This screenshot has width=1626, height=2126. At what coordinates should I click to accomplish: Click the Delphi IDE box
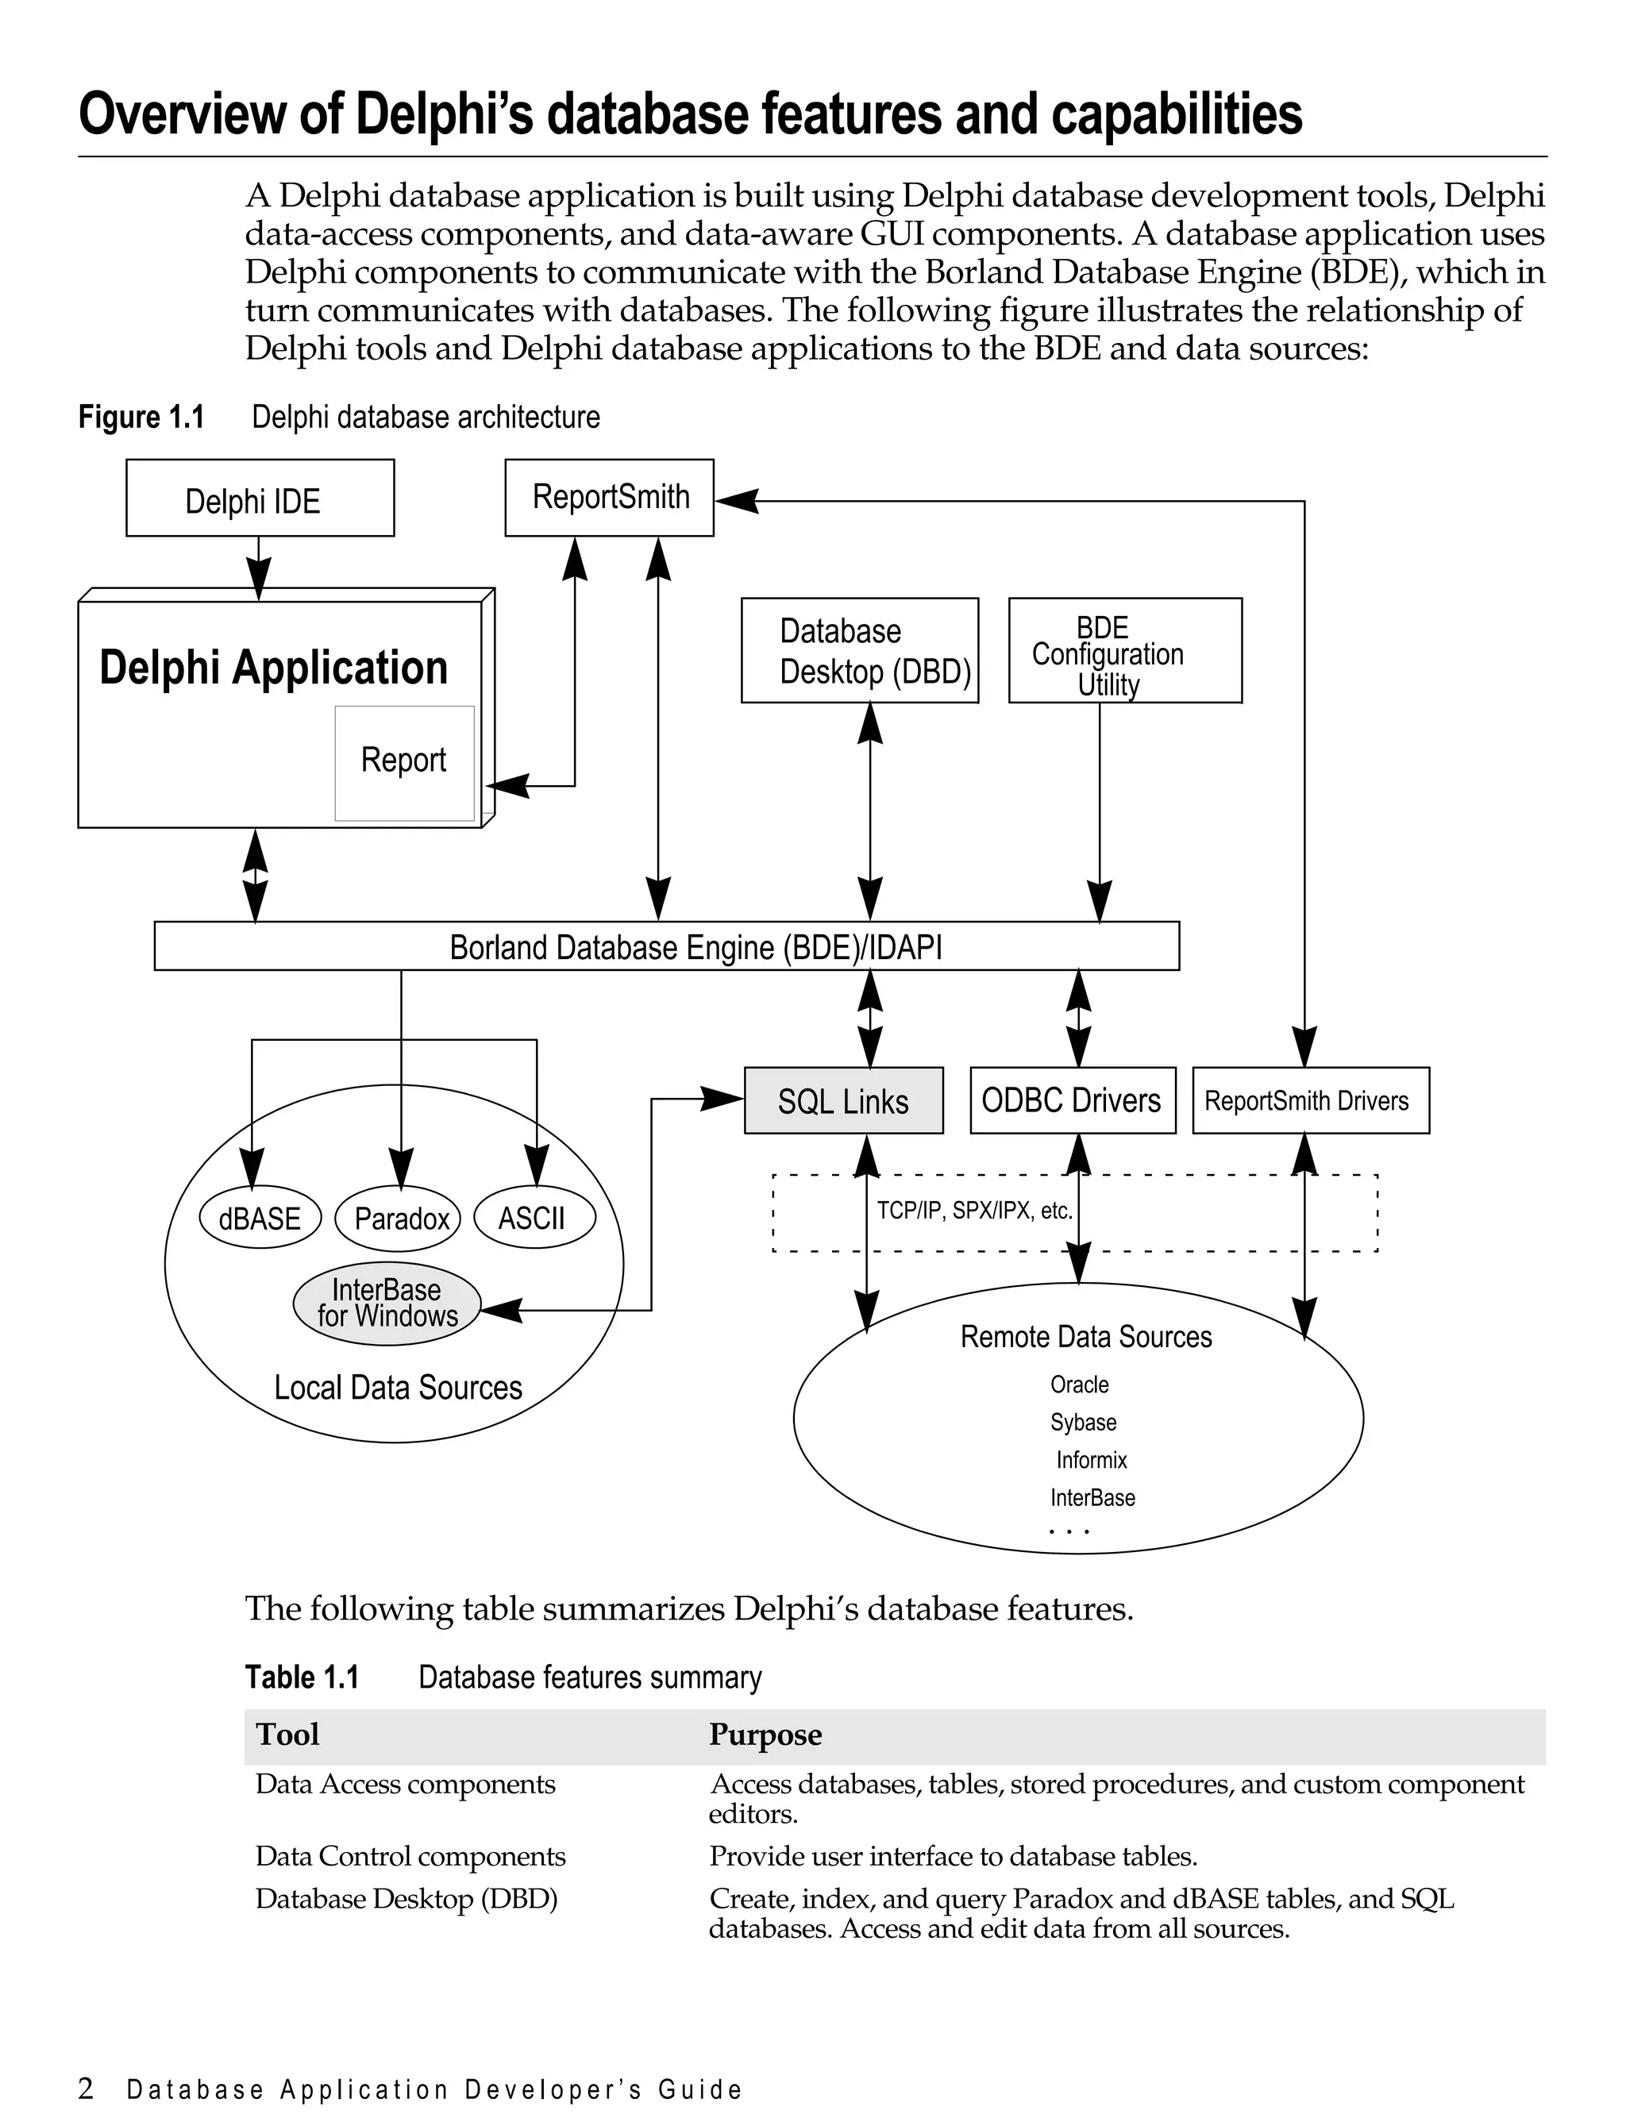pyautogui.click(x=260, y=499)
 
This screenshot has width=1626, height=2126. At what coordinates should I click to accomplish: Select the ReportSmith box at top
pyautogui.click(x=609, y=498)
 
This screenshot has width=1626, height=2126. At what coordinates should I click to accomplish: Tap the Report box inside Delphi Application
pyautogui.click(x=403, y=763)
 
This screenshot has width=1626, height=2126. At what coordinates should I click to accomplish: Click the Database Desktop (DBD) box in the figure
pyautogui.click(x=860, y=650)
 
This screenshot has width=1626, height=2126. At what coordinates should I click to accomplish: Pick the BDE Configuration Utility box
pyautogui.click(x=1125, y=650)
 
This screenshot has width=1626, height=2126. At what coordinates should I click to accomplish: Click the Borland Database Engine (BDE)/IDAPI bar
pyautogui.click(x=666, y=946)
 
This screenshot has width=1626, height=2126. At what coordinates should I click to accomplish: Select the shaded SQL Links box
pyautogui.click(x=843, y=1100)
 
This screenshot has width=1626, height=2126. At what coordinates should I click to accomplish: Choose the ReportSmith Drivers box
pyautogui.click(x=1309, y=1100)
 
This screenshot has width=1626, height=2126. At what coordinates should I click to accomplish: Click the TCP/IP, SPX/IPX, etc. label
pyautogui.click(x=973, y=1211)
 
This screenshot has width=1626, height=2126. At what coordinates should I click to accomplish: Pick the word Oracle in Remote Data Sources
pyautogui.click(x=1079, y=1385)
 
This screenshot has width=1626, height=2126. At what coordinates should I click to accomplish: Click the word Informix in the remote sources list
pyautogui.click(x=1091, y=1460)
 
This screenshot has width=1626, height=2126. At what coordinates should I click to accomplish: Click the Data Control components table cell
pyautogui.click(x=410, y=1856)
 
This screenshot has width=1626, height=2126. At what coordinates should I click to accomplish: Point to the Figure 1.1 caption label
pyautogui.click(x=141, y=417)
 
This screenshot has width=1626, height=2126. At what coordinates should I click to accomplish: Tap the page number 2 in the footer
pyautogui.click(x=86, y=2087)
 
